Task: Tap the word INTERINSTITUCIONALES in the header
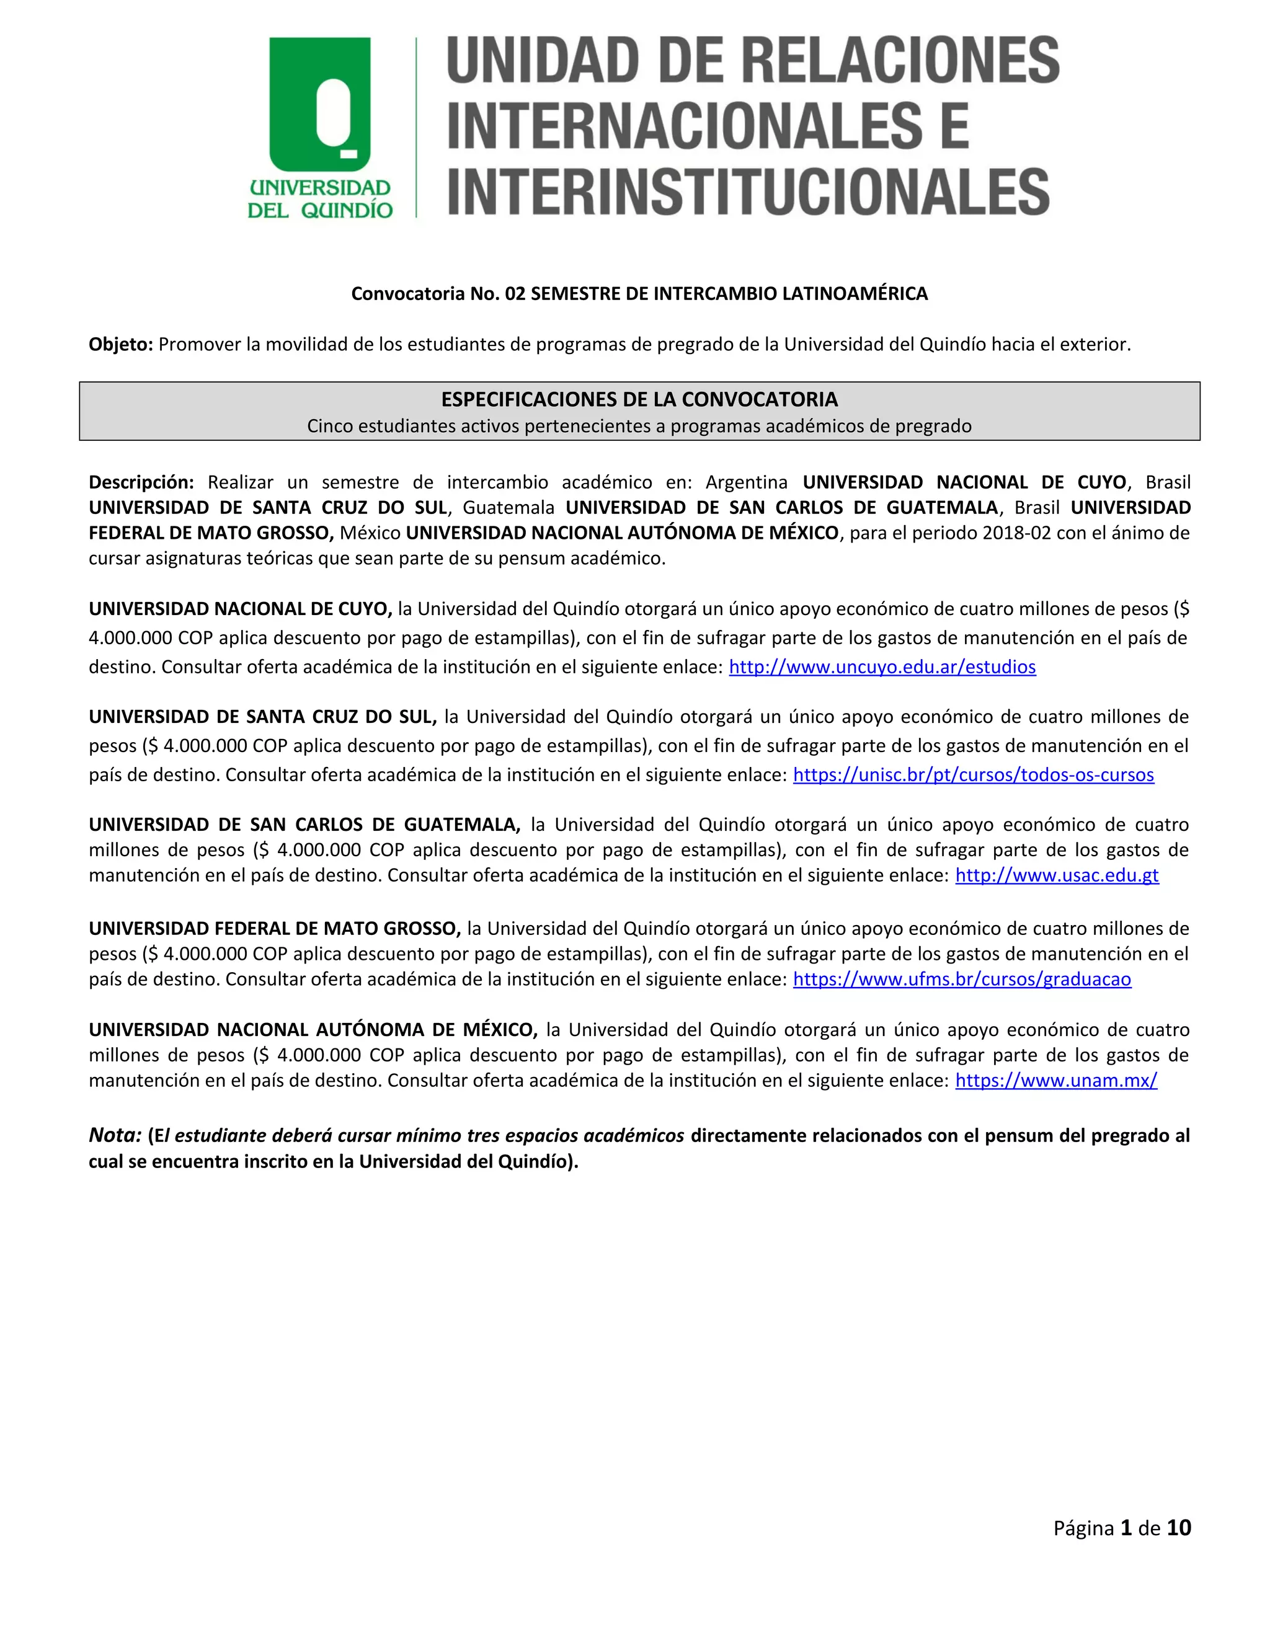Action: click(x=748, y=191)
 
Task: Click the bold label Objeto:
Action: click(x=121, y=345)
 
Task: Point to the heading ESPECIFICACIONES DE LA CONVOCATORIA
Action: click(x=639, y=399)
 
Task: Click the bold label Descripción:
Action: click(x=141, y=482)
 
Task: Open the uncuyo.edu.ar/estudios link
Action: click(x=882, y=667)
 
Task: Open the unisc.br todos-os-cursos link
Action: click(x=973, y=775)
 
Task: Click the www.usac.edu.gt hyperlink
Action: click(x=1056, y=875)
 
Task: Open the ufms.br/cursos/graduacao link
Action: click(x=962, y=980)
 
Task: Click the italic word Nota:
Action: click(x=115, y=1135)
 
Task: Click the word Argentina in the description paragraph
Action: click(x=747, y=482)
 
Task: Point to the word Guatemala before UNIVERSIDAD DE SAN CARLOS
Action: click(x=508, y=508)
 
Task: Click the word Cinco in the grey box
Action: click(x=329, y=427)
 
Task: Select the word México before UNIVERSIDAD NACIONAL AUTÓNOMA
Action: click(x=370, y=533)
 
